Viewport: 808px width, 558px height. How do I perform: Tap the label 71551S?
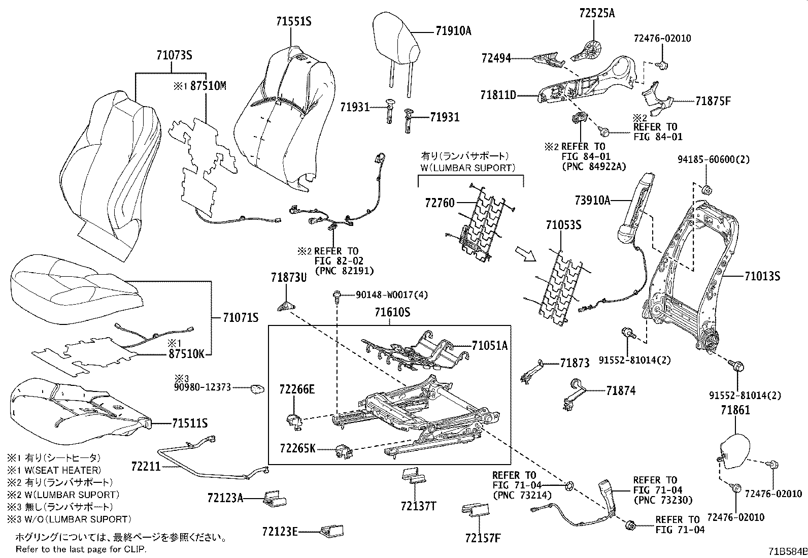pyautogui.click(x=293, y=22)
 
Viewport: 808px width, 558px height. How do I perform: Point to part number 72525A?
pyautogui.click(x=596, y=14)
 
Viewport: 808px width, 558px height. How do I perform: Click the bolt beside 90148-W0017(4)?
pyautogui.click(x=337, y=296)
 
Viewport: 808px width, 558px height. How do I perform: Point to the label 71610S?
pyautogui.click(x=392, y=313)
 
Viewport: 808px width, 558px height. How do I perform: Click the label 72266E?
pyautogui.click(x=297, y=389)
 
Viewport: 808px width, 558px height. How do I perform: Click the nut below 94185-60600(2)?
pyautogui.click(x=705, y=190)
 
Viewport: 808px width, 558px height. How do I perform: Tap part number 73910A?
pyautogui.click(x=592, y=200)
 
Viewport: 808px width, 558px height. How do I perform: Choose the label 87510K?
pyautogui.click(x=186, y=354)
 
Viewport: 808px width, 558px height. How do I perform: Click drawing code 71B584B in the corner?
pyautogui.click(x=787, y=551)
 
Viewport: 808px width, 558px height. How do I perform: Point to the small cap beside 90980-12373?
pyautogui.click(x=257, y=388)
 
